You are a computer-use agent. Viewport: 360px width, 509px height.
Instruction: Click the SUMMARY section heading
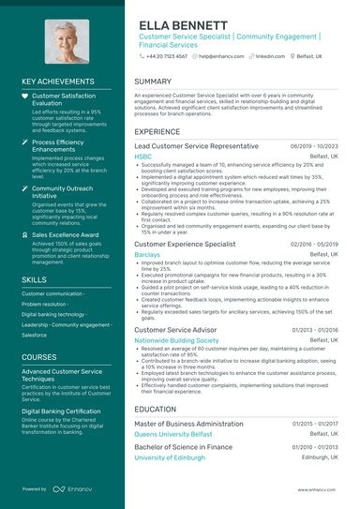[x=153, y=82]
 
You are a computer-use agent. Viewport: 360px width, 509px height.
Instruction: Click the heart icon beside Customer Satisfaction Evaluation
[x=25, y=96]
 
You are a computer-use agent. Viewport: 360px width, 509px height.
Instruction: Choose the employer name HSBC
[x=142, y=158]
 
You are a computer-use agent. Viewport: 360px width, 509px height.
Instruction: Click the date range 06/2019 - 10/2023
[x=314, y=148]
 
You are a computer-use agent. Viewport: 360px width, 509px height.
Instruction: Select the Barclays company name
[x=147, y=254]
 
